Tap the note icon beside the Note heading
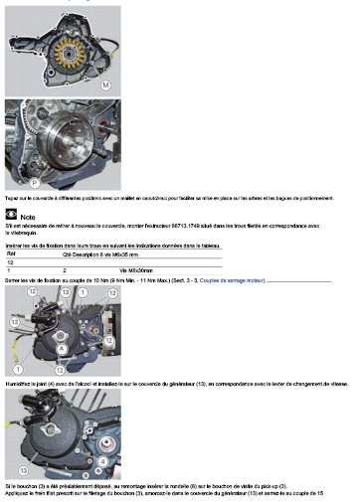coord(11,214)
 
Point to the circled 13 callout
coord(66,294)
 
